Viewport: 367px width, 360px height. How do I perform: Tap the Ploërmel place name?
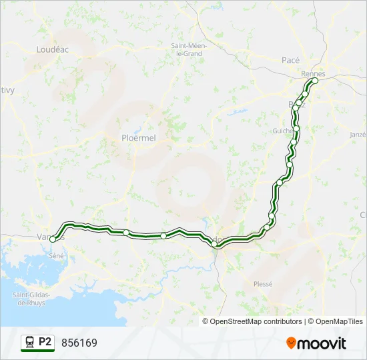click(x=138, y=138)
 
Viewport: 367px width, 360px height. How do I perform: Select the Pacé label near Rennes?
click(x=290, y=60)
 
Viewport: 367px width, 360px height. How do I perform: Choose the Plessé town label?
click(x=263, y=283)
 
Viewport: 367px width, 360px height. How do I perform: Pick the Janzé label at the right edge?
click(x=358, y=134)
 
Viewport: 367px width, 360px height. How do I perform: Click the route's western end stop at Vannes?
click(x=53, y=239)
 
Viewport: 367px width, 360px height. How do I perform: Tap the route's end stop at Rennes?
click(x=314, y=82)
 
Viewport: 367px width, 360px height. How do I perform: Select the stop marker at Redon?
click(x=215, y=245)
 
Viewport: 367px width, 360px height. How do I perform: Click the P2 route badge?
click(x=45, y=342)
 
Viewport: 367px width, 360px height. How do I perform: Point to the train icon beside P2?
click(x=29, y=343)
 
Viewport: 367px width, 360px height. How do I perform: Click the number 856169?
click(x=79, y=343)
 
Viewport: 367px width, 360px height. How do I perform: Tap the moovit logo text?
click(x=322, y=343)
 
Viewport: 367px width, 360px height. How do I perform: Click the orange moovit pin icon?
click(x=291, y=343)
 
